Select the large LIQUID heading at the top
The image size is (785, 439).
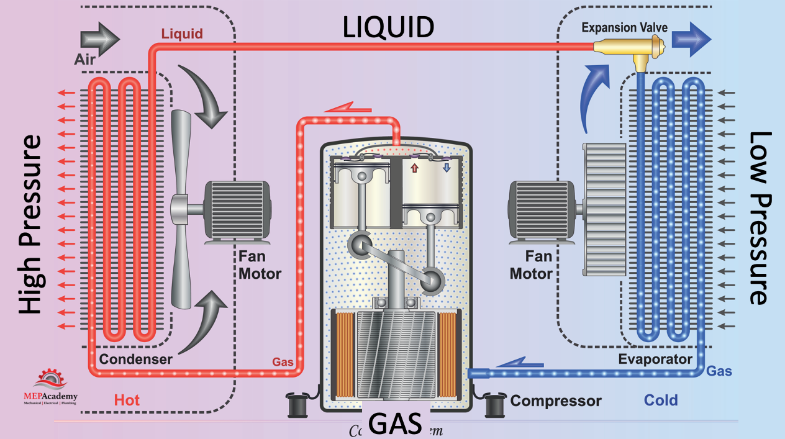(x=388, y=27)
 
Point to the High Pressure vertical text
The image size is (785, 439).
(x=30, y=225)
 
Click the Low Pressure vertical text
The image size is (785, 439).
(x=760, y=219)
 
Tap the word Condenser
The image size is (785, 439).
(x=135, y=359)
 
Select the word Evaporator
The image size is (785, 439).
(x=655, y=359)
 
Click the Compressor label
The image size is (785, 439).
(x=556, y=401)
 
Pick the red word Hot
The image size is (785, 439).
(x=126, y=400)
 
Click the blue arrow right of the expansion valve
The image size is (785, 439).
(x=691, y=38)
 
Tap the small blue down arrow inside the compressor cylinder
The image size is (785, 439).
(x=446, y=168)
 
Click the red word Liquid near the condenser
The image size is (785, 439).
(x=182, y=34)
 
